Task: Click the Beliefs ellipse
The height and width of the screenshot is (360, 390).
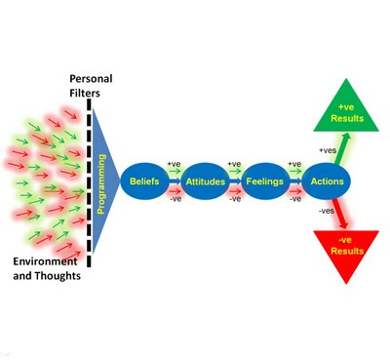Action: pyautogui.click(x=145, y=181)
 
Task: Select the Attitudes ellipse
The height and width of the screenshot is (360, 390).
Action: pyautogui.click(x=202, y=181)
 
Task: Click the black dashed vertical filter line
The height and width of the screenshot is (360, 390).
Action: pyautogui.click(x=90, y=181)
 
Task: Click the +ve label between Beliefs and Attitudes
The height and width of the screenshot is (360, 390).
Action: pyautogui.click(x=175, y=163)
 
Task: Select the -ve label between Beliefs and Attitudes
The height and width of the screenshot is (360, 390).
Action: pyautogui.click(x=175, y=200)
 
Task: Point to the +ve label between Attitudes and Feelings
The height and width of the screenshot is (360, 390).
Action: pyautogui.click(x=233, y=163)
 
